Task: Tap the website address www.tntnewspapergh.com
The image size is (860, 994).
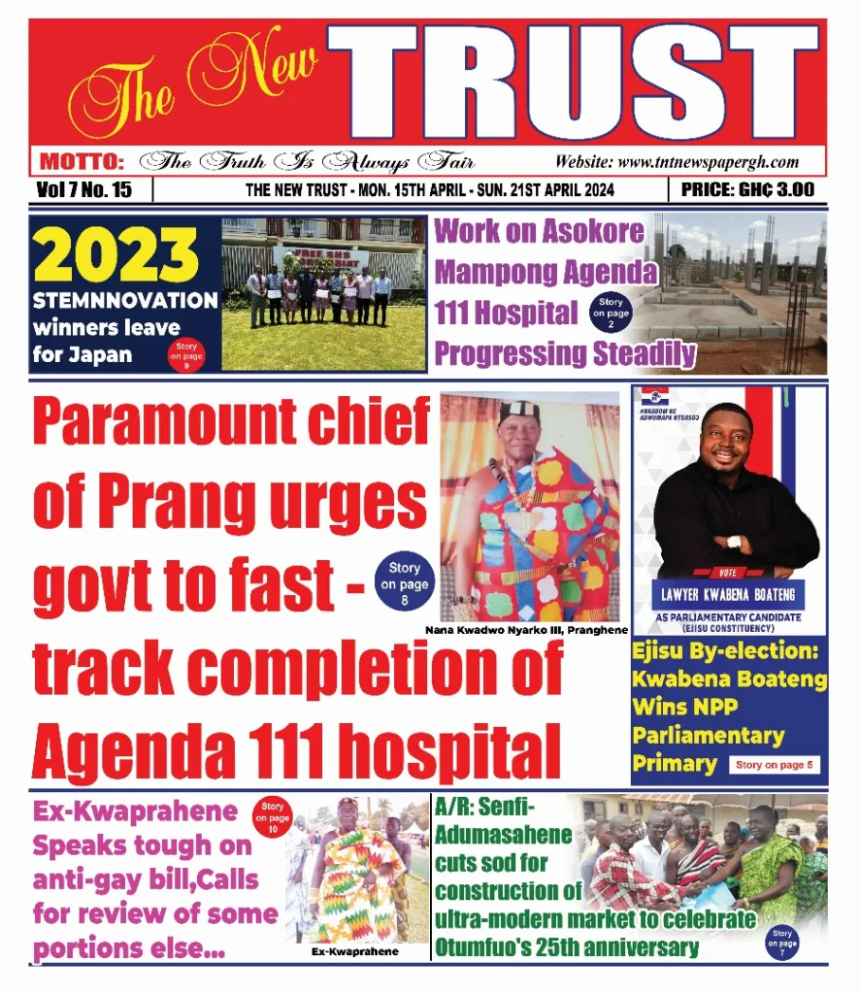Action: [x=677, y=162]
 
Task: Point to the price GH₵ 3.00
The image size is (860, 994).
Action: [x=747, y=189]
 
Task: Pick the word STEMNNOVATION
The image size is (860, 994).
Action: [x=124, y=300]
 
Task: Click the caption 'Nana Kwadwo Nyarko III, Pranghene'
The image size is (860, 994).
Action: [x=526, y=630]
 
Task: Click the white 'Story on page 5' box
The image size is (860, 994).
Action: [x=774, y=765]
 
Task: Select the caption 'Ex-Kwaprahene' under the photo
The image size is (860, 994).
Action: [x=354, y=951]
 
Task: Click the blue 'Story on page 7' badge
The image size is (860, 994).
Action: [x=781, y=942]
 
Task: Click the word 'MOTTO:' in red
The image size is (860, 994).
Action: [x=82, y=162]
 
